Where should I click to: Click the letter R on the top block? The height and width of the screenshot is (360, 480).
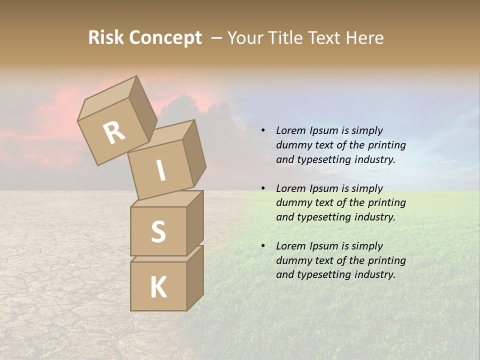(114, 133)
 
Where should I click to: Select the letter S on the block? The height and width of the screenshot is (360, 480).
(158, 232)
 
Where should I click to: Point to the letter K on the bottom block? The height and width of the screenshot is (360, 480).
(158, 287)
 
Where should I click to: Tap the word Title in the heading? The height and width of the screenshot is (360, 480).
(287, 38)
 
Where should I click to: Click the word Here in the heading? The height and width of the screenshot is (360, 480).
(364, 38)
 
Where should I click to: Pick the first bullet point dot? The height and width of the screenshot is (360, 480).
(262, 131)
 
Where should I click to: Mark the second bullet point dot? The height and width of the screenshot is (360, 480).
(262, 188)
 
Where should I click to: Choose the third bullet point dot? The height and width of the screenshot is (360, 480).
(262, 246)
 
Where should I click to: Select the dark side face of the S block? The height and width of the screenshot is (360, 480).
(195, 222)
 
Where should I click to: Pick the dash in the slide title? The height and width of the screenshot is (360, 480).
(217, 38)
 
